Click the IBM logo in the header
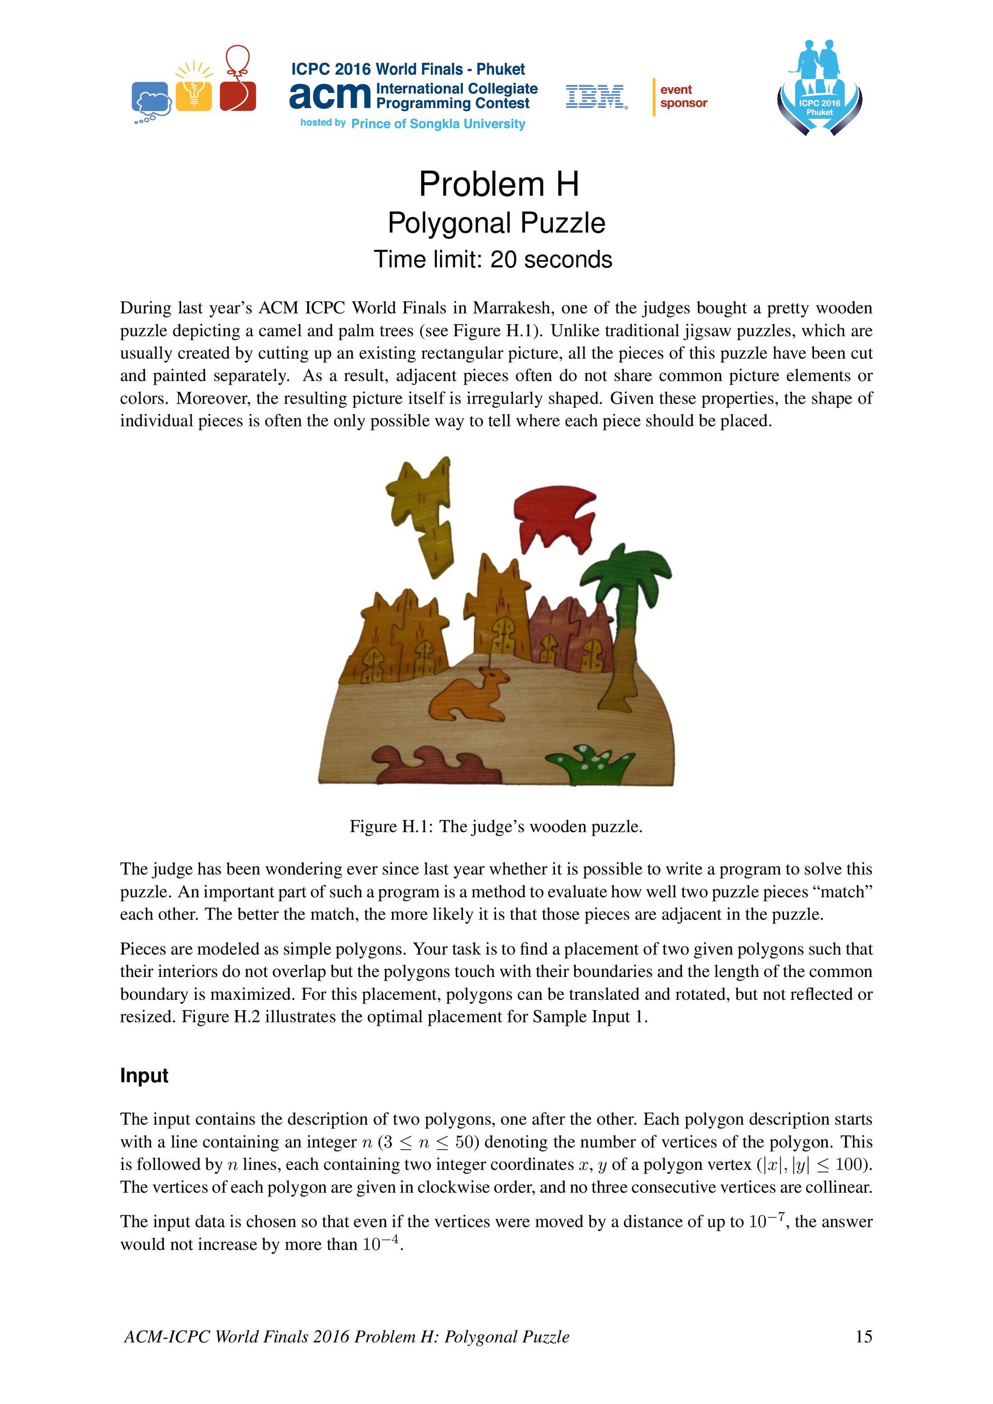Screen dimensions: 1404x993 pyautogui.click(x=596, y=97)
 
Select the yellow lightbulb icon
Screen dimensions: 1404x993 pyautogui.click(x=194, y=90)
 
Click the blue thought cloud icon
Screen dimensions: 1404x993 pyautogui.click(x=151, y=98)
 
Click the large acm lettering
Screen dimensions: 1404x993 pyautogui.click(x=330, y=96)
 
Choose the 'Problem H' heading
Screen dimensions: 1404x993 pyautogui.click(x=499, y=184)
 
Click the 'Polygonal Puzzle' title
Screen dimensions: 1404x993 pyautogui.click(x=496, y=223)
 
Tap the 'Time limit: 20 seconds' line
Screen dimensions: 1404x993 pyautogui.click(x=492, y=260)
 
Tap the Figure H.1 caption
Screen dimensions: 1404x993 pyautogui.click(x=496, y=827)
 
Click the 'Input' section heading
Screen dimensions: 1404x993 pyautogui.click(x=144, y=1076)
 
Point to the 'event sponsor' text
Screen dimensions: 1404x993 pyautogui.click(x=683, y=97)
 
